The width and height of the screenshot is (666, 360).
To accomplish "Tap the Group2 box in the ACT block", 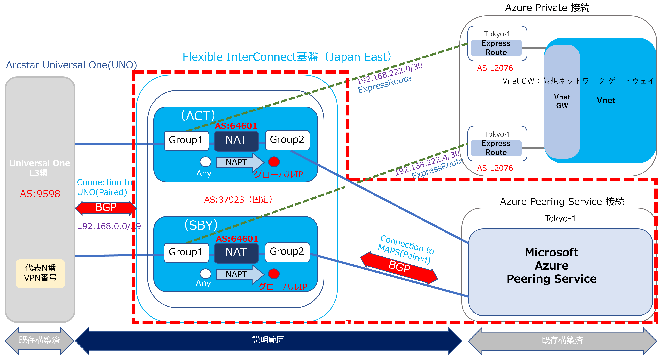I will pos(287,140).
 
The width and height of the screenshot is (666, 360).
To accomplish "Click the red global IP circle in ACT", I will pos(274,162).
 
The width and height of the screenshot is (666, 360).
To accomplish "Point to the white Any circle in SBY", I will pos(206,274).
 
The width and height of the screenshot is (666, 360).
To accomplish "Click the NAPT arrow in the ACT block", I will pos(239,162).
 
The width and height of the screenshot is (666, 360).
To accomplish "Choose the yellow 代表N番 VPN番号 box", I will pos(40,273).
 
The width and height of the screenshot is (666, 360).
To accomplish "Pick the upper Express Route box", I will pos(496,48).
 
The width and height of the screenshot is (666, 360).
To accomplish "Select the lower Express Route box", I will pos(496,148).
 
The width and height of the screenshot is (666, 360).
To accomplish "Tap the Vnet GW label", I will pos(562,101).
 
